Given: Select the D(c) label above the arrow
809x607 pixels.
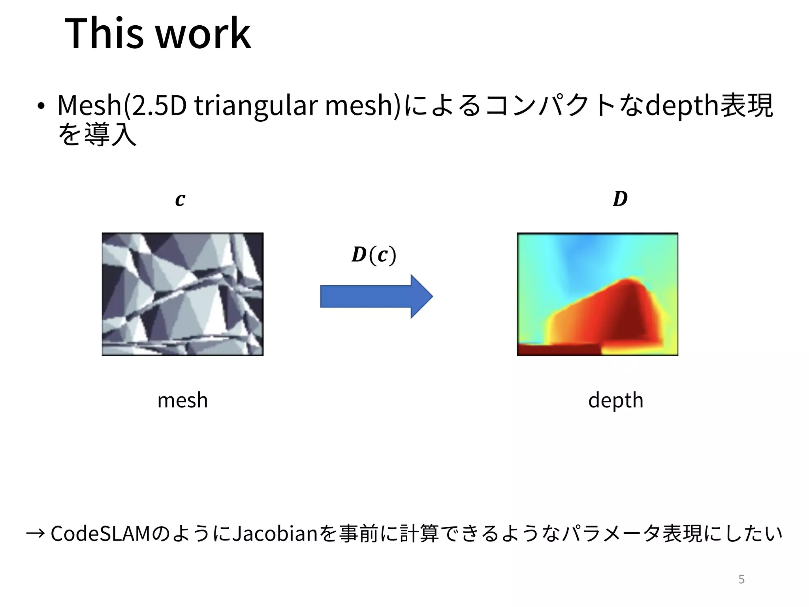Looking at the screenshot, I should (x=374, y=255).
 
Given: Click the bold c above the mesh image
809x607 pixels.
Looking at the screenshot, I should (x=180, y=199).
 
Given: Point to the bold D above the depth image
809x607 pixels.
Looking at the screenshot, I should (x=620, y=199).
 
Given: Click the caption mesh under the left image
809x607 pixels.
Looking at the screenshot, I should (x=182, y=400).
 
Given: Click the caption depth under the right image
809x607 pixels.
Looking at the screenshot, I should (x=615, y=401).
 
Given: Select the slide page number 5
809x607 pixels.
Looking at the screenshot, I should (x=741, y=579).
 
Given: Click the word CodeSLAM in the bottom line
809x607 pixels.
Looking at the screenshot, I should (x=101, y=534).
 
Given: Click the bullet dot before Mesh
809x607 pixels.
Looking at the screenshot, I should (x=41, y=107).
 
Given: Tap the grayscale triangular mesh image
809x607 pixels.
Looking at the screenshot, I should (x=182, y=294).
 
